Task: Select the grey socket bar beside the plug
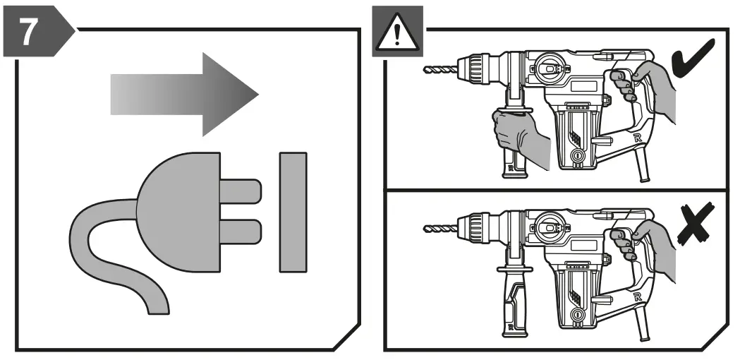(292, 211)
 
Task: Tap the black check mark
(694, 64)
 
